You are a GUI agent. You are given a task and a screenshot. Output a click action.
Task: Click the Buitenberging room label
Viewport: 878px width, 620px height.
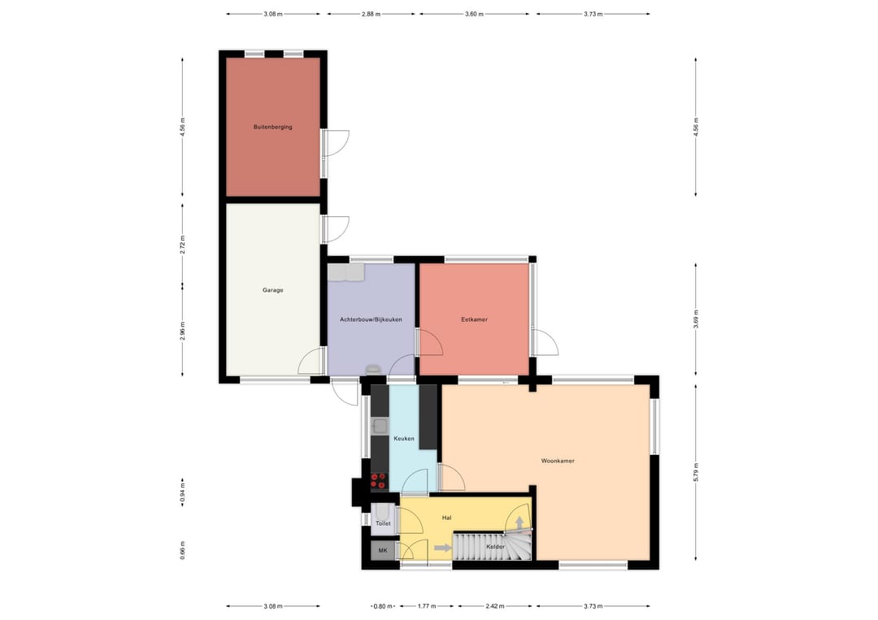[x=272, y=128]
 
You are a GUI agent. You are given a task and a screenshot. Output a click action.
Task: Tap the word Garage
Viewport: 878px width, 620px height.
[x=272, y=290]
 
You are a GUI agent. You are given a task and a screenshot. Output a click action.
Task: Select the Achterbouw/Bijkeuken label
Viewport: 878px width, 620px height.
[x=371, y=319]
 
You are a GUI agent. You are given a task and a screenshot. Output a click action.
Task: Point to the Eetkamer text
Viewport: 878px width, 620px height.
[x=474, y=319]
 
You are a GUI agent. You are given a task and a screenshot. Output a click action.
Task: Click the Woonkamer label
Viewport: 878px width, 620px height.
[x=558, y=461]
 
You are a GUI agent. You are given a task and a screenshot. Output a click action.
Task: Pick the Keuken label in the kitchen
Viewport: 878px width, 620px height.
[x=404, y=439]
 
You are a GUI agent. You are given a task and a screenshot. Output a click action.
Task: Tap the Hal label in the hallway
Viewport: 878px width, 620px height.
[x=446, y=517]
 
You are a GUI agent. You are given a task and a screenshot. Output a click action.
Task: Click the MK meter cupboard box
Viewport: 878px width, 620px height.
[x=383, y=550]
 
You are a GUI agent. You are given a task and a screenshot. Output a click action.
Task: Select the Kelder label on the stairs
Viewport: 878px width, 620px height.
[x=495, y=547]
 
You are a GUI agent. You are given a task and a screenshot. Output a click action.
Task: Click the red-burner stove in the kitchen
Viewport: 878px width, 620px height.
[x=379, y=482]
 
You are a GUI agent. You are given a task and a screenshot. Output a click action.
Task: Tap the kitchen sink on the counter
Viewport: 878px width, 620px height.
[x=379, y=425]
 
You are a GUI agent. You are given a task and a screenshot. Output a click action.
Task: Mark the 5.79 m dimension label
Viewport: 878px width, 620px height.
[x=696, y=472]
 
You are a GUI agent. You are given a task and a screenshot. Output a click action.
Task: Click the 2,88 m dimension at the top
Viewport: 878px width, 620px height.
[x=371, y=14]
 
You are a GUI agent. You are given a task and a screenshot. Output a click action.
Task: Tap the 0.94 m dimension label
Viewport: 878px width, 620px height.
[x=183, y=494]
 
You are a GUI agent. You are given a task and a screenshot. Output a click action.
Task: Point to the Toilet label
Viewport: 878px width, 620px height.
[x=383, y=524]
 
